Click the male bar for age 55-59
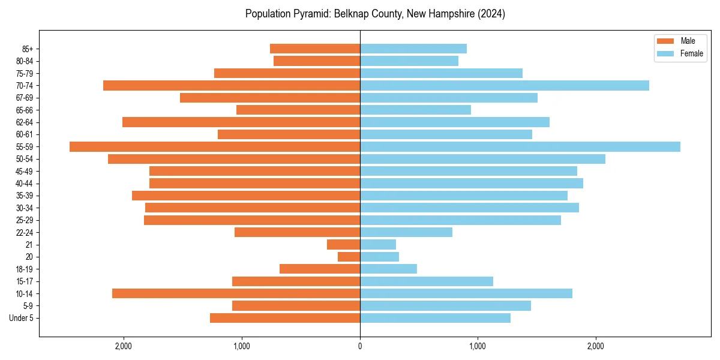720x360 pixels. [x=215, y=147]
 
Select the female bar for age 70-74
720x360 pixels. [x=504, y=86]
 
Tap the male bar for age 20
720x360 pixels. [x=349, y=257]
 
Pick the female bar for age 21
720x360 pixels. [x=378, y=245]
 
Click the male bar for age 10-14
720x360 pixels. [x=236, y=293]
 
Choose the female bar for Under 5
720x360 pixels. [x=435, y=318]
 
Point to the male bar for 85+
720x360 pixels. [x=315, y=49]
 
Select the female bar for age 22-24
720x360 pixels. [x=406, y=232]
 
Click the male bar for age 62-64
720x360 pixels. [x=241, y=122]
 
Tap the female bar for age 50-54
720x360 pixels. [x=482, y=159]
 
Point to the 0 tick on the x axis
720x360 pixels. [x=360, y=346]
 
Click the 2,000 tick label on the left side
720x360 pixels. [x=124, y=346]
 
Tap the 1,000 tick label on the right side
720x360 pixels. [x=478, y=346]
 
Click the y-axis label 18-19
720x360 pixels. [x=24, y=269]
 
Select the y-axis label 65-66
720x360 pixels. [x=24, y=110]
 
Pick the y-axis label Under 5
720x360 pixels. [x=22, y=318]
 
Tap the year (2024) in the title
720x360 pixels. [x=492, y=14]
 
